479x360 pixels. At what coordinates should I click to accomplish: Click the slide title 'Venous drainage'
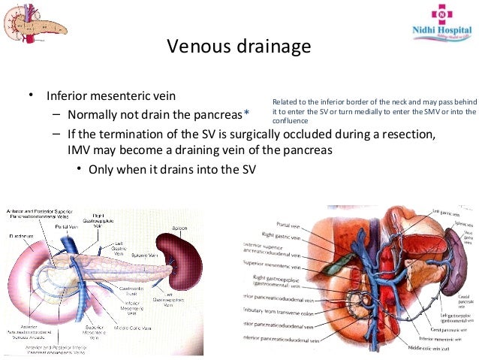(239, 47)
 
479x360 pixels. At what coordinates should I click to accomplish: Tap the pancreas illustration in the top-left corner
(35, 20)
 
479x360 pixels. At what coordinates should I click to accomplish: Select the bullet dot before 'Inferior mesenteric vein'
(30, 96)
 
